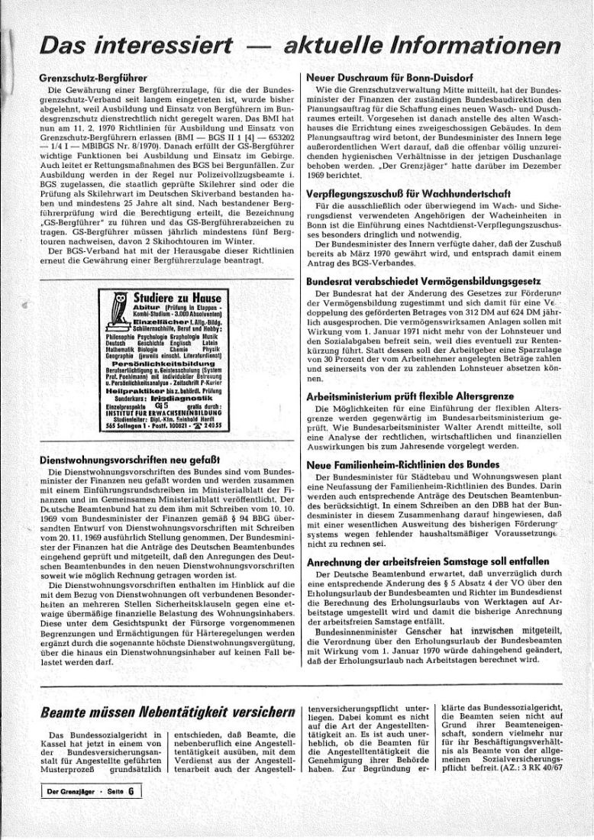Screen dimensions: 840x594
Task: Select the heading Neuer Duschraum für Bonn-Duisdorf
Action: tap(389, 78)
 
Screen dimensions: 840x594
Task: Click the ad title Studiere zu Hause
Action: tap(176, 297)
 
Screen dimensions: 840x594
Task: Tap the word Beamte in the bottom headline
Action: tap(65, 712)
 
